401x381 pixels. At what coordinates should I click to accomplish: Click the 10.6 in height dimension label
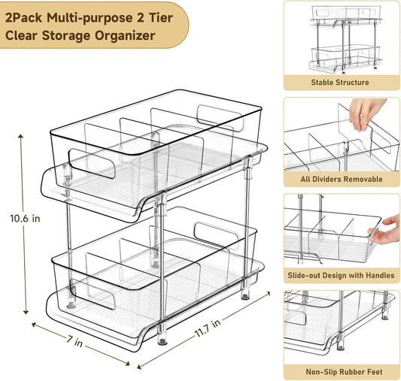point(25,219)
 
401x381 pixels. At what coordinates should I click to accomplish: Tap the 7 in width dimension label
point(74,341)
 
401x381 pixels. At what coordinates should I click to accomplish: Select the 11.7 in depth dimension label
point(208,328)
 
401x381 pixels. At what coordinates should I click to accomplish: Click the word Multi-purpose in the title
point(90,18)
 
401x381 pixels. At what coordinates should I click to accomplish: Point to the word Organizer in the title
point(125,36)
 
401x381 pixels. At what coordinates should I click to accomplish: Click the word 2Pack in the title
point(23,18)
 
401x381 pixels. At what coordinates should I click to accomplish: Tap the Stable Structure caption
point(340,83)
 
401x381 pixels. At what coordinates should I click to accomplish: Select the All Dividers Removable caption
point(342,179)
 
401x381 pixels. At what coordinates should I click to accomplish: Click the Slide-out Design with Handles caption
point(341,275)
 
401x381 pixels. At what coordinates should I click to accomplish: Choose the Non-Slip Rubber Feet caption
point(344,372)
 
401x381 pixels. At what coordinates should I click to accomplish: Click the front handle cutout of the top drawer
point(92,163)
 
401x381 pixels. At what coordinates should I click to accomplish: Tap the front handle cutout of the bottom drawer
point(93,294)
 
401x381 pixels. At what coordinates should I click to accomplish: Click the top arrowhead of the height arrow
point(20,136)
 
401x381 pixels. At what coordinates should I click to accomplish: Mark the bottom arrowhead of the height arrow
point(26,312)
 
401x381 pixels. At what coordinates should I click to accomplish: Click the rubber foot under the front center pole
point(163,342)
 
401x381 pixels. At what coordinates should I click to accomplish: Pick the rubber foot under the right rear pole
point(245,296)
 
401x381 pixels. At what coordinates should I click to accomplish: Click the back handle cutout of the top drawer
point(220,117)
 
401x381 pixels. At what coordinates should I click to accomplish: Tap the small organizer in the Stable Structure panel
point(345,38)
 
